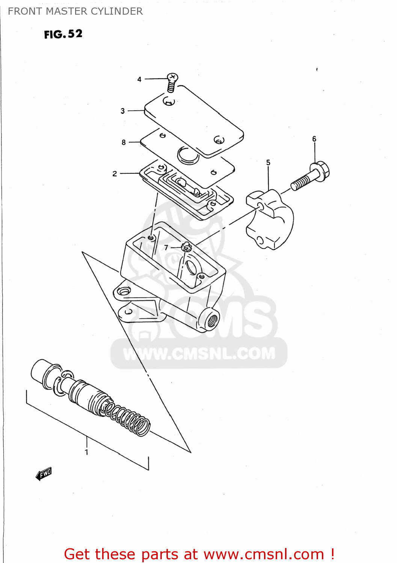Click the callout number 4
(x=139, y=80)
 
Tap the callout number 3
(x=122, y=111)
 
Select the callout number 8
(x=124, y=143)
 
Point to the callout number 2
(x=115, y=174)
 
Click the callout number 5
(x=268, y=163)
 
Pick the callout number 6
(x=314, y=139)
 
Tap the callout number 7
(x=166, y=248)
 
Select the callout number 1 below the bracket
(x=87, y=452)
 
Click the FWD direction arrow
(x=44, y=474)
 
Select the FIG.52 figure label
(x=63, y=34)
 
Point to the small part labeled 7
(x=186, y=247)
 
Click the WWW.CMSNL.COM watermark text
(x=199, y=353)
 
